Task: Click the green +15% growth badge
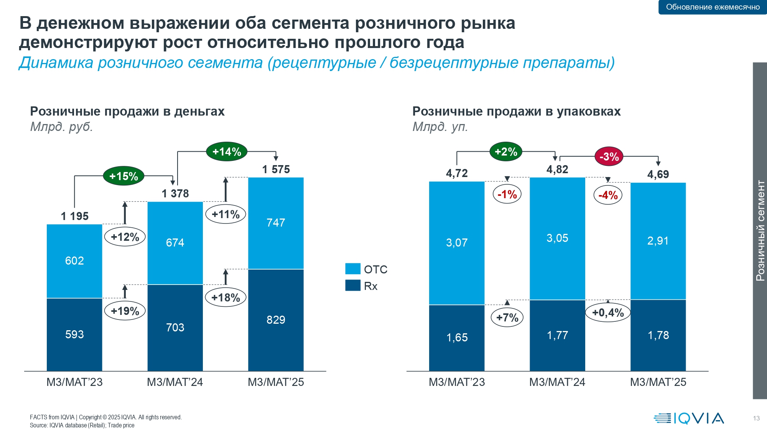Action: point(123,176)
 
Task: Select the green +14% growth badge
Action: point(227,152)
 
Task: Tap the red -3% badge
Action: point(609,157)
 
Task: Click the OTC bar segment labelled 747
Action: point(276,223)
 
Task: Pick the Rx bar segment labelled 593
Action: point(74,334)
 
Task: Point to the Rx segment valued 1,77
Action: point(557,335)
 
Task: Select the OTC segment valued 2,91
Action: point(658,241)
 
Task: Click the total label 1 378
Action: point(175,194)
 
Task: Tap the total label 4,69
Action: point(658,174)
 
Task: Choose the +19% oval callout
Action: point(125,311)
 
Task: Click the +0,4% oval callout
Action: point(608,313)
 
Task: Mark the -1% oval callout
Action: point(507,194)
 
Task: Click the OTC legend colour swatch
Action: point(352,269)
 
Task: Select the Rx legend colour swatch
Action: point(352,286)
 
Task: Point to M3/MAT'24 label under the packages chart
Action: point(557,382)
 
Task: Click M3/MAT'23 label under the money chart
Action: point(74,382)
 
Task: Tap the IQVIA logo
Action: point(689,418)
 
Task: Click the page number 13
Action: point(756,418)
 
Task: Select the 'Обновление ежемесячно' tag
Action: point(713,7)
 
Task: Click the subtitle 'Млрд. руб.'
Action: point(61,126)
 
